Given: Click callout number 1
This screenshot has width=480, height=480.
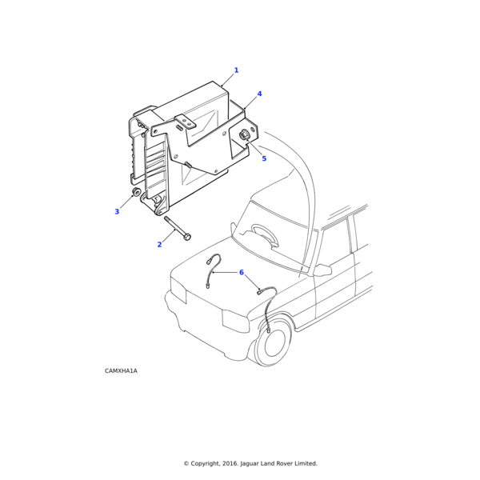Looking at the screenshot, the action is [236, 70].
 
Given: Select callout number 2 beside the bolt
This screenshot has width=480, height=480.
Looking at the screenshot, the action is [159, 244].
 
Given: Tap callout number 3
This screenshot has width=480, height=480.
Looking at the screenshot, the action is [117, 211].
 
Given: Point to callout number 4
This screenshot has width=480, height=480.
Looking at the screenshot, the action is [259, 94].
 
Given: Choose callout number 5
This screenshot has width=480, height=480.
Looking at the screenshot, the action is [264, 158].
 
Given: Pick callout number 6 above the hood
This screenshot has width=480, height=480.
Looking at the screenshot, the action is [242, 272].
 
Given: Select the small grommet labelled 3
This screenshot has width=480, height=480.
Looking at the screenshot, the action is [136, 192].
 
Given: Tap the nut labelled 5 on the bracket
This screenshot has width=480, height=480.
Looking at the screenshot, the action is [245, 134].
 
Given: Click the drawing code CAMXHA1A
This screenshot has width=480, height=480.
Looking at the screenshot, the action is [121, 370].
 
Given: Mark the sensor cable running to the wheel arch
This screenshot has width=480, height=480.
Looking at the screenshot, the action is [269, 306].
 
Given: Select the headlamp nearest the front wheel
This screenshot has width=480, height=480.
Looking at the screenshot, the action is [235, 321].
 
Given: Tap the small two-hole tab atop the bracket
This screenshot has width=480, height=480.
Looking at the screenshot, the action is [185, 121].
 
